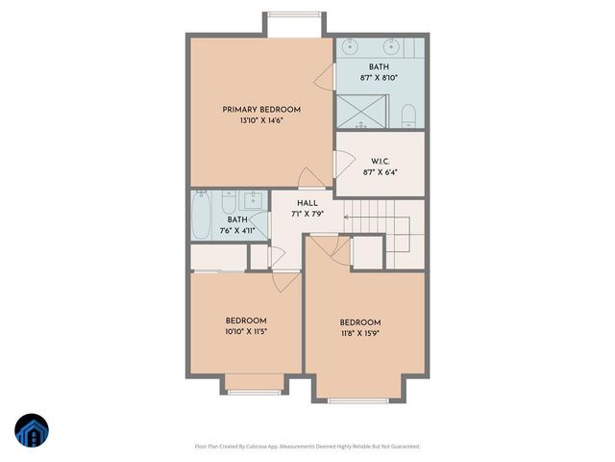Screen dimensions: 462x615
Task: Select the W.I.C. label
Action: [x=378, y=161]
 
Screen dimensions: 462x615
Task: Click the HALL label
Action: [x=307, y=203]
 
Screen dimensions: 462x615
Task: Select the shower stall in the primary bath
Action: [x=363, y=111]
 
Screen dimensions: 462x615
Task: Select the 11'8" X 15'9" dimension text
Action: [x=360, y=334]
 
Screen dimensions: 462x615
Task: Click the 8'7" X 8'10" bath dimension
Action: [x=379, y=79]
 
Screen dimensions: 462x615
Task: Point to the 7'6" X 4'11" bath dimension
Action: [x=236, y=231]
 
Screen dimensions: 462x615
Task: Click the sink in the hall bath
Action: [x=254, y=199]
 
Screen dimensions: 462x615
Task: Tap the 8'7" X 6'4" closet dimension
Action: [x=378, y=172]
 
